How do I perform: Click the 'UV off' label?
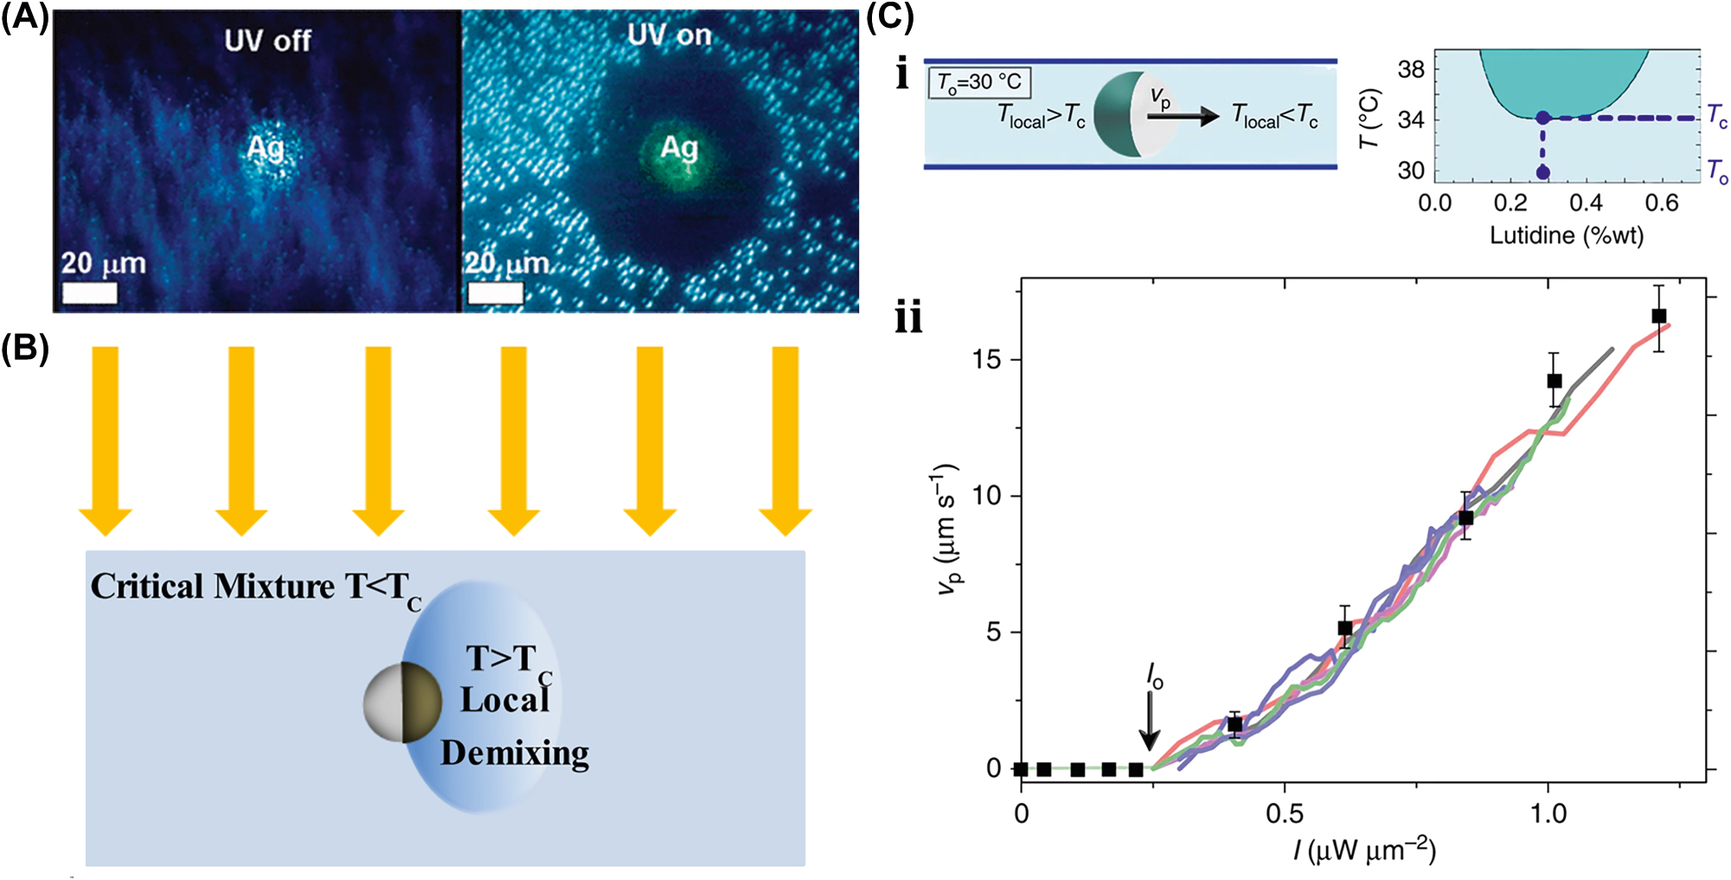click(x=267, y=41)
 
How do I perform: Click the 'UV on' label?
click(x=669, y=35)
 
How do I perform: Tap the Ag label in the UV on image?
click(x=679, y=148)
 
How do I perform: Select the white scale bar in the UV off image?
click(x=90, y=293)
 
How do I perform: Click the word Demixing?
click(x=515, y=753)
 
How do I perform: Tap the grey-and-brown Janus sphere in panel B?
click(x=403, y=703)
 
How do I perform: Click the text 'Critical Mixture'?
click(x=212, y=587)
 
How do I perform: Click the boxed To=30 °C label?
click(x=979, y=82)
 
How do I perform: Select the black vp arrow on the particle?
click(x=1182, y=116)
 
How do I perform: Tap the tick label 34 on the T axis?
click(x=1410, y=119)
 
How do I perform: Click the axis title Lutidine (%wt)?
click(x=1566, y=235)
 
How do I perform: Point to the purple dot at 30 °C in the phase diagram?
click(x=1542, y=172)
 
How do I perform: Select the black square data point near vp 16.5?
click(x=1658, y=317)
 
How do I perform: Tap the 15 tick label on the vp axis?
click(x=986, y=359)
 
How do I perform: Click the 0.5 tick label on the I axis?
click(x=1284, y=814)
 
